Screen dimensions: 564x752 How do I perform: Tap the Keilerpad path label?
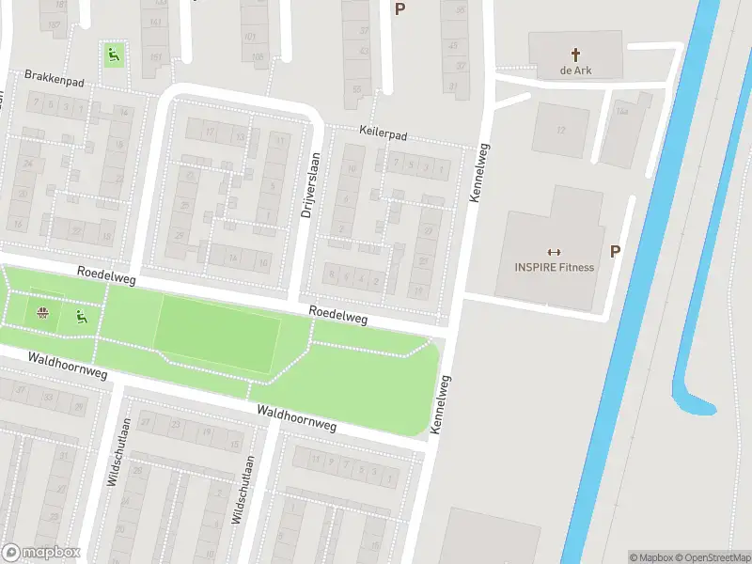tap(383, 135)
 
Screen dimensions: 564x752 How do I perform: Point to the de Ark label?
tap(575, 70)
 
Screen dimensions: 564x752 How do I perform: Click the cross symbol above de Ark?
tap(575, 55)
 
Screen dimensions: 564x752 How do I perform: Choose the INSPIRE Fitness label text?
tap(554, 267)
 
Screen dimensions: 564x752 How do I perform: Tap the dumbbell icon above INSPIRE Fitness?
tap(554, 251)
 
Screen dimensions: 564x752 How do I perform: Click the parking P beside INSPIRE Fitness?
tap(616, 251)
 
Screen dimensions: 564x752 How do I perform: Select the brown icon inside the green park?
tap(42, 313)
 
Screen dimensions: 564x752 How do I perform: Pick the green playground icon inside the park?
tap(81, 318)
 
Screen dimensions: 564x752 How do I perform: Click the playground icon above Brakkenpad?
tap(113, 55)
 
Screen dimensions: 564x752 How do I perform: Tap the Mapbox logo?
tap(40, 553)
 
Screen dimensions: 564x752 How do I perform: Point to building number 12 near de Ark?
tap(560, 130)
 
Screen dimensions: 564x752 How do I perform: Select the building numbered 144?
tap(621, 111)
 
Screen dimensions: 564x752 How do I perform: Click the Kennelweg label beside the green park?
tap(440, 404)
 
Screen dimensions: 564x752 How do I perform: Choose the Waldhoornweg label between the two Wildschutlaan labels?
tap(296, 419)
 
